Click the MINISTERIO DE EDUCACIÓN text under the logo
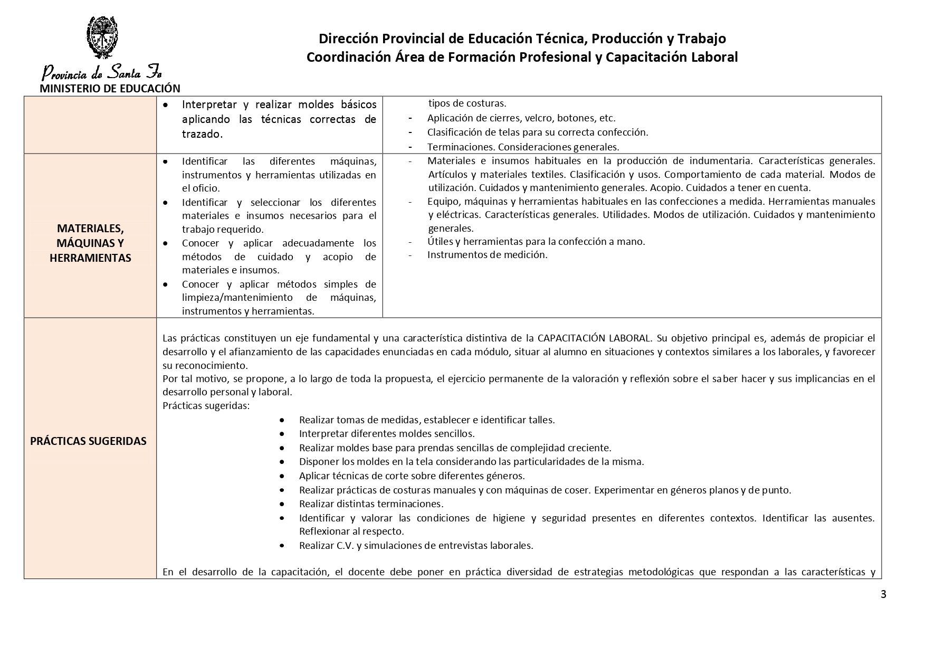point(110,89)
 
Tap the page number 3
point(883,595)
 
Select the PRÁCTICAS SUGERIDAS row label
point(88,441)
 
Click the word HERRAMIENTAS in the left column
point(90,258)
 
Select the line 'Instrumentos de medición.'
point(487,255)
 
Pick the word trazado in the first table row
point(202,134)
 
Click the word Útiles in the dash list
point(440,242)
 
